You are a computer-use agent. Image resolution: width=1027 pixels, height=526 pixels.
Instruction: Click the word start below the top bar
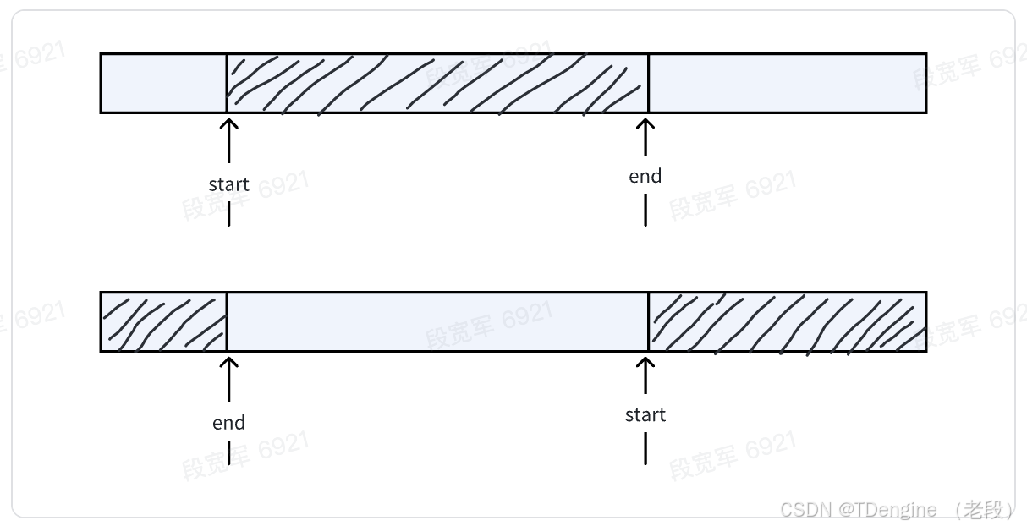click(228, 184)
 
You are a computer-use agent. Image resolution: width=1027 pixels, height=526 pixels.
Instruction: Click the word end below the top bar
click(645, 176)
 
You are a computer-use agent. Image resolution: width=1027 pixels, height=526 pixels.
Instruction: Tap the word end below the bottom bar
click(228, 423)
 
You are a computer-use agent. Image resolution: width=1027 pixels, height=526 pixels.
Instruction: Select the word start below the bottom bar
click(645, 414)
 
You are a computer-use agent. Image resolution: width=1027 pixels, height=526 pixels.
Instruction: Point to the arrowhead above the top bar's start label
click(228, 124)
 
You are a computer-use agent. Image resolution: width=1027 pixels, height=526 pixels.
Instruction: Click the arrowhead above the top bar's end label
click(645, 124)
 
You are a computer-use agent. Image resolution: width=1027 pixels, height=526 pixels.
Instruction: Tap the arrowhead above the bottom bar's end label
click(228, 363)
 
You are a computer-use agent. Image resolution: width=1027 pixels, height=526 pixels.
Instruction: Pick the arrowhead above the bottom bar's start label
click(645, 363)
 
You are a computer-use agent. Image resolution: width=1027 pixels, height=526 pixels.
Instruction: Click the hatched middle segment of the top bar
click(437, 83)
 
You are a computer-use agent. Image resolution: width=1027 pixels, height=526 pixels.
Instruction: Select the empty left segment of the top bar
click(163, 83)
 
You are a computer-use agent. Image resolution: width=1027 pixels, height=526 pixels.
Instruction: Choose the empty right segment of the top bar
click(787, 83)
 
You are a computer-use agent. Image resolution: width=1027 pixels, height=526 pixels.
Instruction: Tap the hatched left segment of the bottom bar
click(163, 321)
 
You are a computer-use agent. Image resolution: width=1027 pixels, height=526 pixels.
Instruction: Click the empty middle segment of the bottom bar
click(437, 321)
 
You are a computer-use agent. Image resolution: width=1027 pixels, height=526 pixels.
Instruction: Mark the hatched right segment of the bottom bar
click(787, 321)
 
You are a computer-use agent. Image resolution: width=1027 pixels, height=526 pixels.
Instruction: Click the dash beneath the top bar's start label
click(228, 213)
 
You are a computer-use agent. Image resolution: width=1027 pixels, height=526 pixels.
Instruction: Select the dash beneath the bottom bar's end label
click(228, 452)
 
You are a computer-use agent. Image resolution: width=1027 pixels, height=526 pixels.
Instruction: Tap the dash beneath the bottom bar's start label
click(645, 448)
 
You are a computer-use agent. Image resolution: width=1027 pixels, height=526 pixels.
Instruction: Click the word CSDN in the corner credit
click(806, 510)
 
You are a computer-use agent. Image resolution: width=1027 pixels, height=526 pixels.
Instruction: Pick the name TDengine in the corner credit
click(894, 510)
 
